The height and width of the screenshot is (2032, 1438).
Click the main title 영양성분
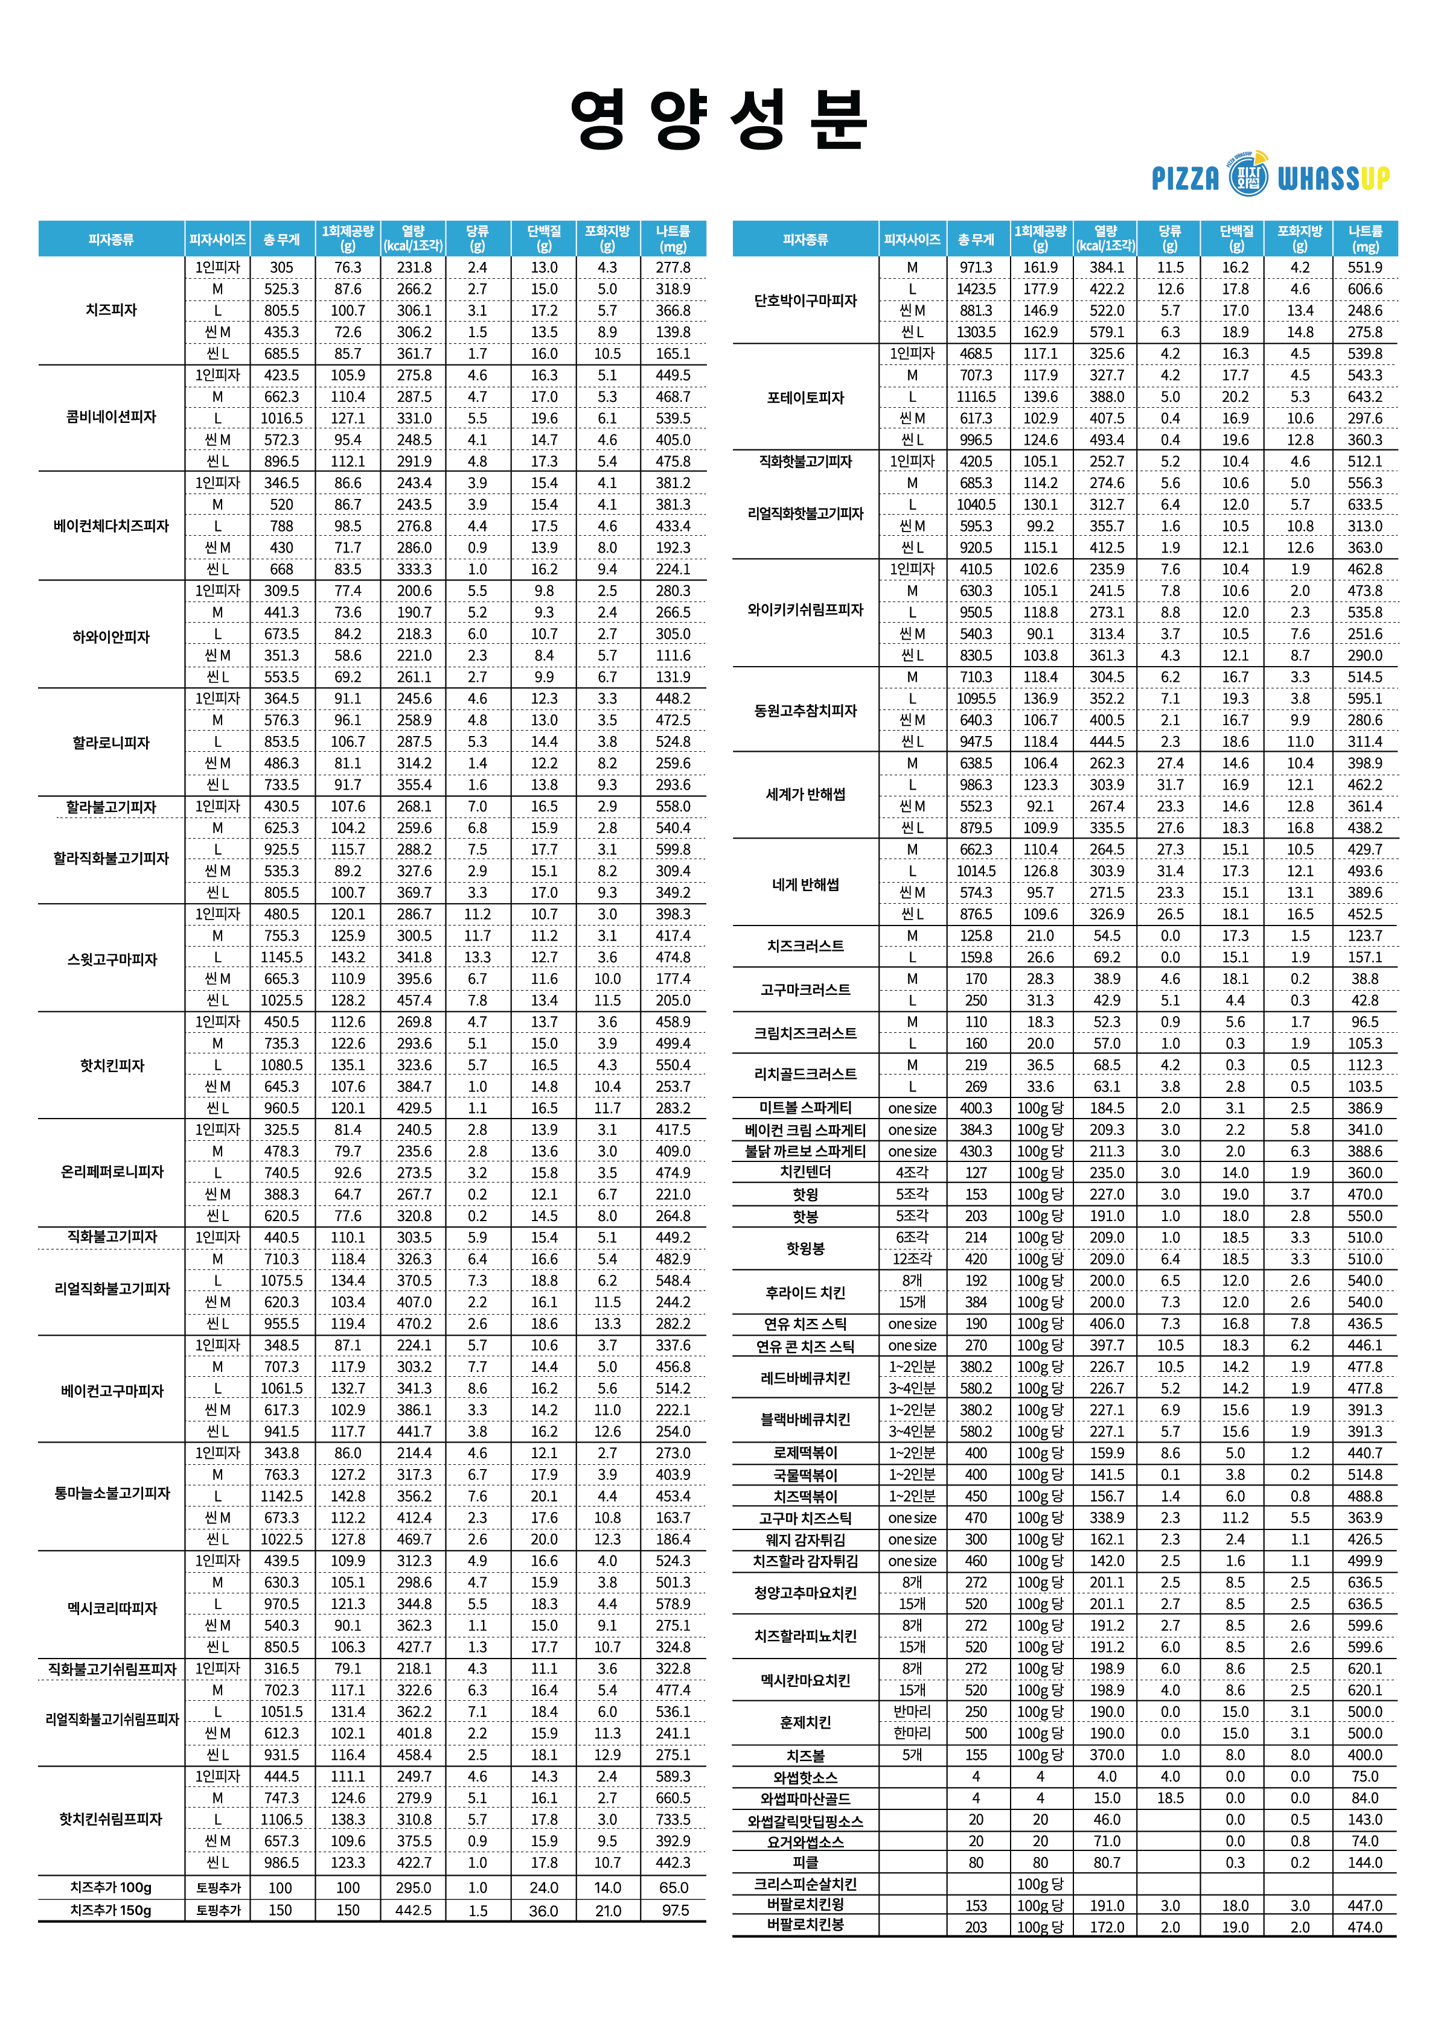pos(718,119)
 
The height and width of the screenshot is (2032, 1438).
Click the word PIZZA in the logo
pos(1186,179)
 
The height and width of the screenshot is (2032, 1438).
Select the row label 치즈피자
pos(112,310)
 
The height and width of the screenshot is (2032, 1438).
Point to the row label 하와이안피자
pos(112,637)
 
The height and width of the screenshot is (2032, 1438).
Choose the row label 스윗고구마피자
pos(112,959)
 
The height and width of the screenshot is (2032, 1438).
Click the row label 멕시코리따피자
pos(112,1607)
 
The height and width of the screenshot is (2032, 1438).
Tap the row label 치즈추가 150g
pos(112,1910)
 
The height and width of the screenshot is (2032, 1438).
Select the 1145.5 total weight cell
pos(281,957)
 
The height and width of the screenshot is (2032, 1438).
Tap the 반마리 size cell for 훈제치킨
pos(912,1712)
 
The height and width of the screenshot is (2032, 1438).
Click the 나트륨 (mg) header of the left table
pos(673,239)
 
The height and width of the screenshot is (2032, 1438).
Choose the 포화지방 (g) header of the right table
pos(1300,239)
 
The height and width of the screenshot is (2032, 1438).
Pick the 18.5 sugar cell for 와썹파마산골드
pos(1170,1799)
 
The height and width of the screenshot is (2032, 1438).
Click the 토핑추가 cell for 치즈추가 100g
pos(218,1888)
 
